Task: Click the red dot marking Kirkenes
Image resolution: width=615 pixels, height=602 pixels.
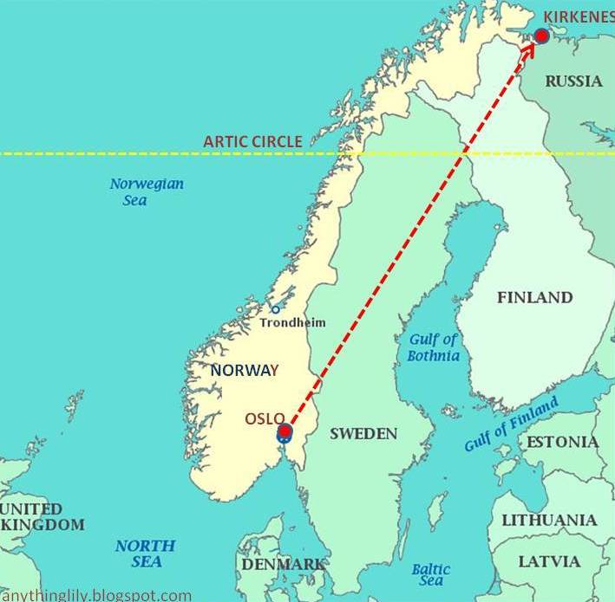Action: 542,36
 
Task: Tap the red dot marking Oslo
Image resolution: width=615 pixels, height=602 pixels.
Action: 285,431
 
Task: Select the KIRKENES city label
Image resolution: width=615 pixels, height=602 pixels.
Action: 578,16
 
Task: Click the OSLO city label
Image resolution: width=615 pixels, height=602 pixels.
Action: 265,418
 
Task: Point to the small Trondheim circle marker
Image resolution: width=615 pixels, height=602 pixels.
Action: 276,309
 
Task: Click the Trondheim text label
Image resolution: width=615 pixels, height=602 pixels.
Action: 293,323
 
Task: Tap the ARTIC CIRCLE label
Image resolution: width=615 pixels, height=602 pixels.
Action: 252,141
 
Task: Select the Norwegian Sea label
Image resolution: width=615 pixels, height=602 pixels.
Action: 146,191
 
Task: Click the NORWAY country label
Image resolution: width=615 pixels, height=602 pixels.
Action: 245,370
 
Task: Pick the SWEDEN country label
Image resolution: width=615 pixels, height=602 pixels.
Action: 363,433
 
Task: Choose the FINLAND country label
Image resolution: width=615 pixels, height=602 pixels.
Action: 534,297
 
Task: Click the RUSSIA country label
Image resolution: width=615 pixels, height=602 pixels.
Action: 573,81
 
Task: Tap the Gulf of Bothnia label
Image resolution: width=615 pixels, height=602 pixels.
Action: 433,347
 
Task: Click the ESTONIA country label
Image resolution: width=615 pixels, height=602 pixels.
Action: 562,442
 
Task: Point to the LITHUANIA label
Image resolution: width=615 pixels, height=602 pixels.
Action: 549,520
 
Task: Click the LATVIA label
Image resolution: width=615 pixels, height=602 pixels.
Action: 549,560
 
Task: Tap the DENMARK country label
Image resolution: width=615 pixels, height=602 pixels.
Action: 284,564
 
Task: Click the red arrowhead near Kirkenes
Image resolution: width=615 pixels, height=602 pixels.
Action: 528,49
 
